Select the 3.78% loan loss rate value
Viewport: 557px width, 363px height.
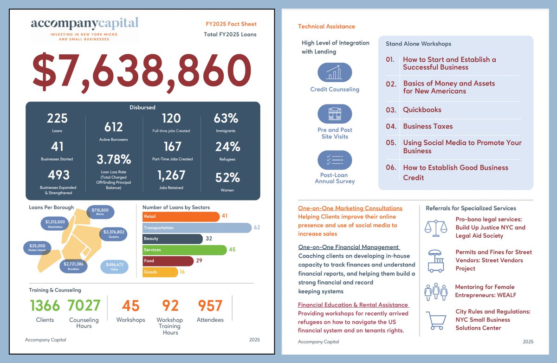114,159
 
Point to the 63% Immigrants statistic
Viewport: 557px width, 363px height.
226,118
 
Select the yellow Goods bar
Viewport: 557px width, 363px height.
160,272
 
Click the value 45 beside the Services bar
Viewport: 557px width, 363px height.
232,250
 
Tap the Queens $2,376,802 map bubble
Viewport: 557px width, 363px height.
114,233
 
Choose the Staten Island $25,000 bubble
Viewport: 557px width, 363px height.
37,248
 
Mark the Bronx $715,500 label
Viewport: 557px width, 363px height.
100,212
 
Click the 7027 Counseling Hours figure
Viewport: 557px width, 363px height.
84,305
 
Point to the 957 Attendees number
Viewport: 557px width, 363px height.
210,305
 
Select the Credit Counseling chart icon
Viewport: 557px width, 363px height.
335,72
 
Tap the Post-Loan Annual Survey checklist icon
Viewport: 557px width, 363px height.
335,160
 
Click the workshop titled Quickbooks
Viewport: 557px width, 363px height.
422,110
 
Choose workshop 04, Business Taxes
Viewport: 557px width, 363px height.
427,126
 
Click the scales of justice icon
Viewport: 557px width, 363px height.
436,227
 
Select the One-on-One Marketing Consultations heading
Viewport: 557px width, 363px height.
350,208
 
